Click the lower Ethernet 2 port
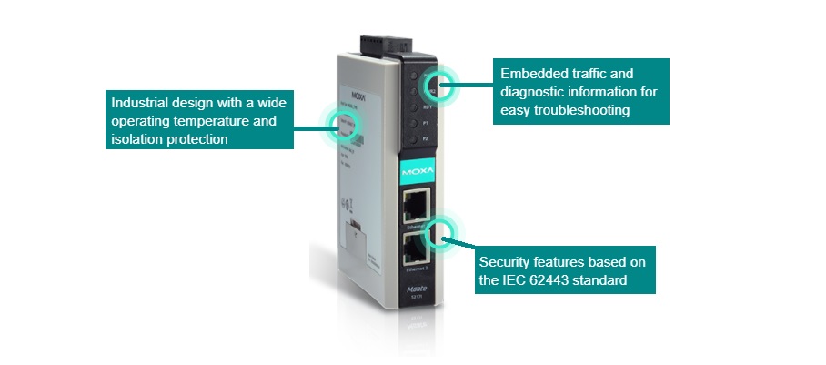click(x=418, y=248)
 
